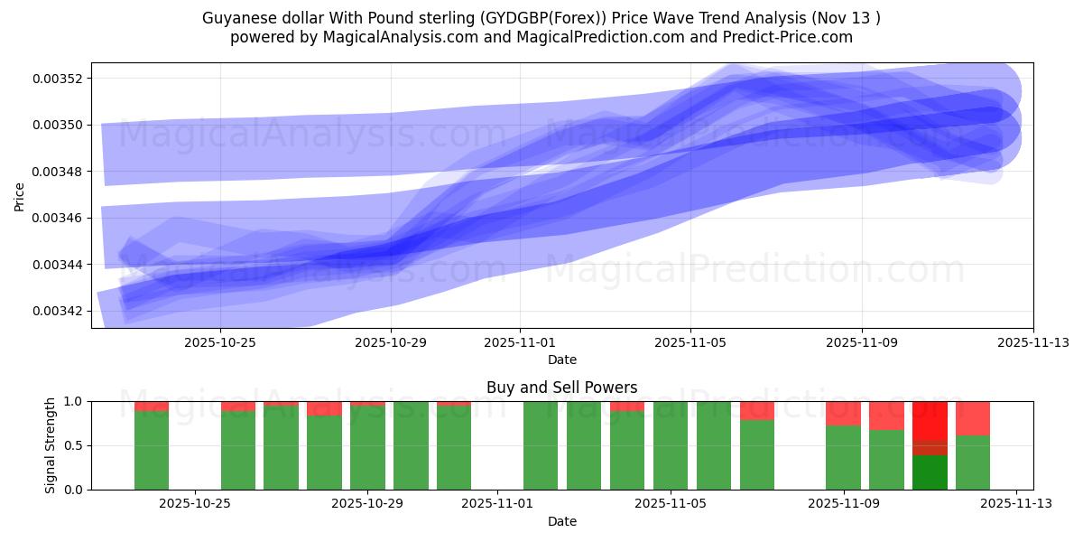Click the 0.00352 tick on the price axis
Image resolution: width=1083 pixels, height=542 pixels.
coord(58,79)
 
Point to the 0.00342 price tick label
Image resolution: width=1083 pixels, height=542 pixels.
coord(58,312)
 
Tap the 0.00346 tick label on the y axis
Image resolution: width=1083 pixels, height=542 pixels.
coord(58,219)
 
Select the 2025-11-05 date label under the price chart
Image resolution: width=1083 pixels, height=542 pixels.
coord(690,343)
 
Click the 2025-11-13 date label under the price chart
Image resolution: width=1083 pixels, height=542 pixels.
coord(1032,343)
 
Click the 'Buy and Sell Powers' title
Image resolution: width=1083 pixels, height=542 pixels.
coord(561,388)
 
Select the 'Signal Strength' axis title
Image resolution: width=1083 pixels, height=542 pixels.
coord(51,445)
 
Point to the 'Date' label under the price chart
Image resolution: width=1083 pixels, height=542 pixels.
coord(561,360)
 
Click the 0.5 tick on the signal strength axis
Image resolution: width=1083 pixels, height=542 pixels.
coord(73,445)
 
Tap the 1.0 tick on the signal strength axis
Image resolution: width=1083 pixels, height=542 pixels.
coord(73,401)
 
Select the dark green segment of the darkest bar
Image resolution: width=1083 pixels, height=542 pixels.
coord(930,472)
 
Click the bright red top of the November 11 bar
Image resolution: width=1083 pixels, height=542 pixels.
coord(930,420)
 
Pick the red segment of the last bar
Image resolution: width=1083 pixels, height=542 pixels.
coord(973,418)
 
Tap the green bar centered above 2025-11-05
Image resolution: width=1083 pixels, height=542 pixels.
coord(671,445)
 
